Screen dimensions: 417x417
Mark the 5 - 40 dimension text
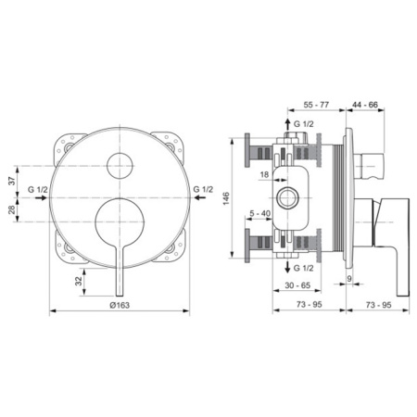tap(260, 214)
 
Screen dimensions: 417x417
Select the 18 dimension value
tap(263, 173)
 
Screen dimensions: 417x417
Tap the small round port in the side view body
tap(287, 197)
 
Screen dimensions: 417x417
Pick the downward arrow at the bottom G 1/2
tap(286, 268)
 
